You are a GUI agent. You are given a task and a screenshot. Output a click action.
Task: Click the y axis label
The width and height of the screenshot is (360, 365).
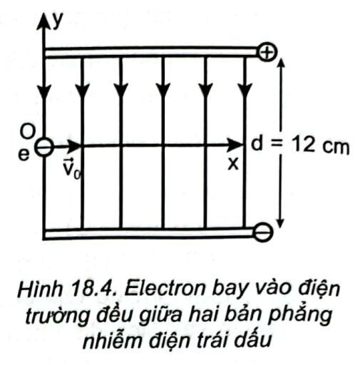(x=58, y=21)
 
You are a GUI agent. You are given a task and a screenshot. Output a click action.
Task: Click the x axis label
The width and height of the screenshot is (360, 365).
(x=233, y=163)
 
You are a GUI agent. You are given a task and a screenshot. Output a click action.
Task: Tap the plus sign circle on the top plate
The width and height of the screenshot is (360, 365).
(x=267, y=52)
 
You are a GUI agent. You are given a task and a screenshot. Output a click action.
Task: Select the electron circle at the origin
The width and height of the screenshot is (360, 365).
(x=44, y=147)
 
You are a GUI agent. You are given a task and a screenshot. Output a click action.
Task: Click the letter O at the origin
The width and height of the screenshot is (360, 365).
(x=28, y=131)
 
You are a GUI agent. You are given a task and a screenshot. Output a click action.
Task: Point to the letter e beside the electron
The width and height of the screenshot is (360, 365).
(x=24, y=155)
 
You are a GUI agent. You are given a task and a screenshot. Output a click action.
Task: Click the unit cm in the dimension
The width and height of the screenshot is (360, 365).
(x=336, y=146)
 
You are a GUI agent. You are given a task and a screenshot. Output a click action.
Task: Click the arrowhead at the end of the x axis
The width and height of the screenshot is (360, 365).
(x=235, y=145)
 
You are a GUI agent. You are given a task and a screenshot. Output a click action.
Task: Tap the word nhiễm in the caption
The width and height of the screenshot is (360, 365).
(x=113, y=340)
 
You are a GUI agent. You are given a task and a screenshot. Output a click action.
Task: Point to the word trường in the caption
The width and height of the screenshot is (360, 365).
(x=58, y=316)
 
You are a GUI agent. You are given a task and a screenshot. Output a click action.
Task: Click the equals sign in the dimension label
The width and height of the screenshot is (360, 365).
(x=277, y=144)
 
